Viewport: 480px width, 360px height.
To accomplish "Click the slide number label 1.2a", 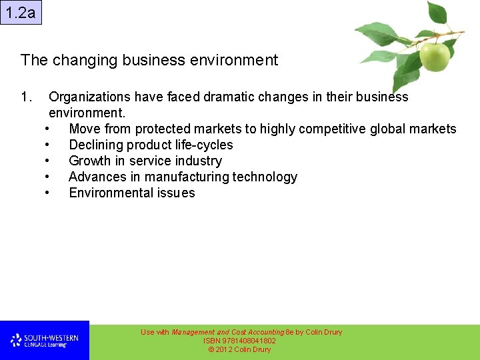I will [x=21, y=13].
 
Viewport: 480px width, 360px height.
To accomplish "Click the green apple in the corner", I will [x=434, y=57].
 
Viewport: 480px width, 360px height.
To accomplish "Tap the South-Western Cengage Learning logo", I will [x=44, y=341].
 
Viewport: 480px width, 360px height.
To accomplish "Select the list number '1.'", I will [x=27, y=97].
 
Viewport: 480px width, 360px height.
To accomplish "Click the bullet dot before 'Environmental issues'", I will [x=47, y=193].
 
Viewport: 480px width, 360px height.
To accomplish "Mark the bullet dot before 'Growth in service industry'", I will [x=47, y=161].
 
